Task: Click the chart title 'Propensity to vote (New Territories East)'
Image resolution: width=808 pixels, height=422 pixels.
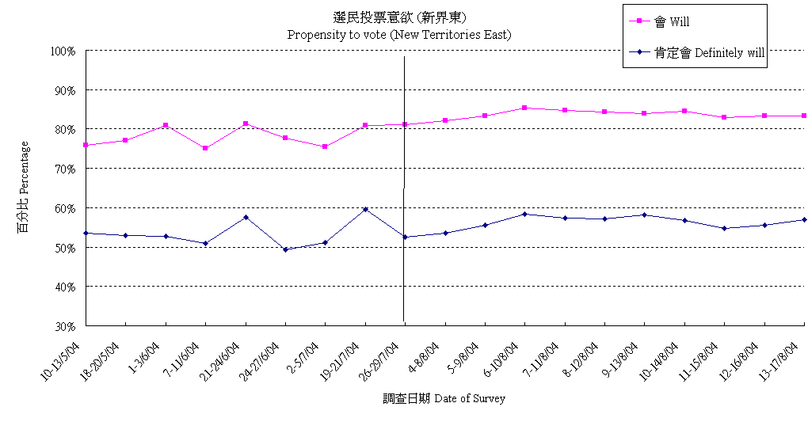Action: [x=398, y=35]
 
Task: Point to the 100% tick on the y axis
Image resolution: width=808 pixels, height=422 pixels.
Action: [x=62, y=51]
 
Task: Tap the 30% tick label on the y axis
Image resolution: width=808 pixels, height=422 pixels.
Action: [x=64, y=326]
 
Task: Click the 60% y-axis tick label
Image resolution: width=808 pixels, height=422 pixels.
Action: [x=64, y=208]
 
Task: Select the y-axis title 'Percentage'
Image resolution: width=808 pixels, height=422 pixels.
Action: [x=24, y=188]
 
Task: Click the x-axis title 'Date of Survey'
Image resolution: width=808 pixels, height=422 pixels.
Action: [x=444, y=398]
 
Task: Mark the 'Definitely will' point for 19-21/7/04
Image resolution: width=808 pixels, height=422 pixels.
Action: [x=365, y=209]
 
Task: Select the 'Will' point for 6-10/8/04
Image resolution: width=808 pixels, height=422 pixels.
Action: [x=524, y=108]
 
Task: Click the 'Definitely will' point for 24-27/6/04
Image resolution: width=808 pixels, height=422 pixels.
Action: [x=285, y=249]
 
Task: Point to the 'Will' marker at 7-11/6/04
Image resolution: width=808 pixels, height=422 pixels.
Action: [x=205, y=148]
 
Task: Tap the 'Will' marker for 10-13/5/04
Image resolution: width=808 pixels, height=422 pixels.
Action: [x=86, y=145]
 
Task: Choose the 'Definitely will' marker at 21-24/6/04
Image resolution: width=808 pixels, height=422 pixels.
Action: [x=246, y=217]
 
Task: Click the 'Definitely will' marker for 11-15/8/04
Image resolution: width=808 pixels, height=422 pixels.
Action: [x=724, y=228]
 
